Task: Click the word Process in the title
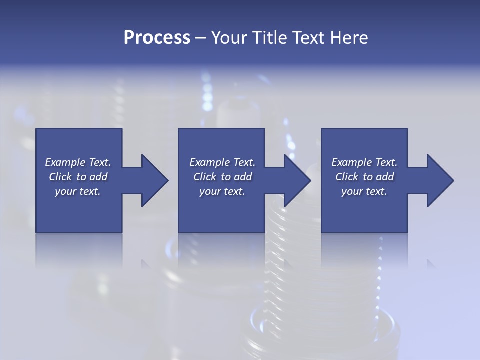click(x=157, y=38)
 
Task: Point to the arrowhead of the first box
click(x=154, y=180)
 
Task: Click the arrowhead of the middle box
click(x=297, y=180)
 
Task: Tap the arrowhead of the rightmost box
click(x=440, y=180)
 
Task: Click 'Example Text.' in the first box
click(x=78, y=162)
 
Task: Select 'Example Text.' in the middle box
click(x=222, y=162)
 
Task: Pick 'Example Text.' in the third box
click(x=364, y=162)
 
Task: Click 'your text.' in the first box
click(x=78, y=191)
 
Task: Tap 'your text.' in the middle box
click(x=222, y=191)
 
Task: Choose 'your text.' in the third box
click(x=364, y=191)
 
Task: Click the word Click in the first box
click(x=60, y=177)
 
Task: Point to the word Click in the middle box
click(x=205, y=177)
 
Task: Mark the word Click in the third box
click(x=347, y=177)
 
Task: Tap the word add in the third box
click(x=385, y=177)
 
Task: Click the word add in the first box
click(x=98, y=177)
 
